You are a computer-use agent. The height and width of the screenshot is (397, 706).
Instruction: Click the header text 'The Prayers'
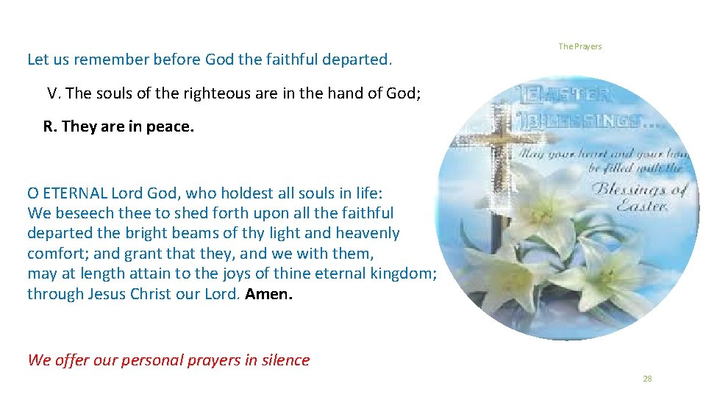click(x=580, y=46)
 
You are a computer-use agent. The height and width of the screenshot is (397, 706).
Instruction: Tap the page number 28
click(x=647, y=379)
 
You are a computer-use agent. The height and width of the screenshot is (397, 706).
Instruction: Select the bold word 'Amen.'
click(x=269, y=295)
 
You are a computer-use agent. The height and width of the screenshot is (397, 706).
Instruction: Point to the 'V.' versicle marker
click(x=54, y=93)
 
